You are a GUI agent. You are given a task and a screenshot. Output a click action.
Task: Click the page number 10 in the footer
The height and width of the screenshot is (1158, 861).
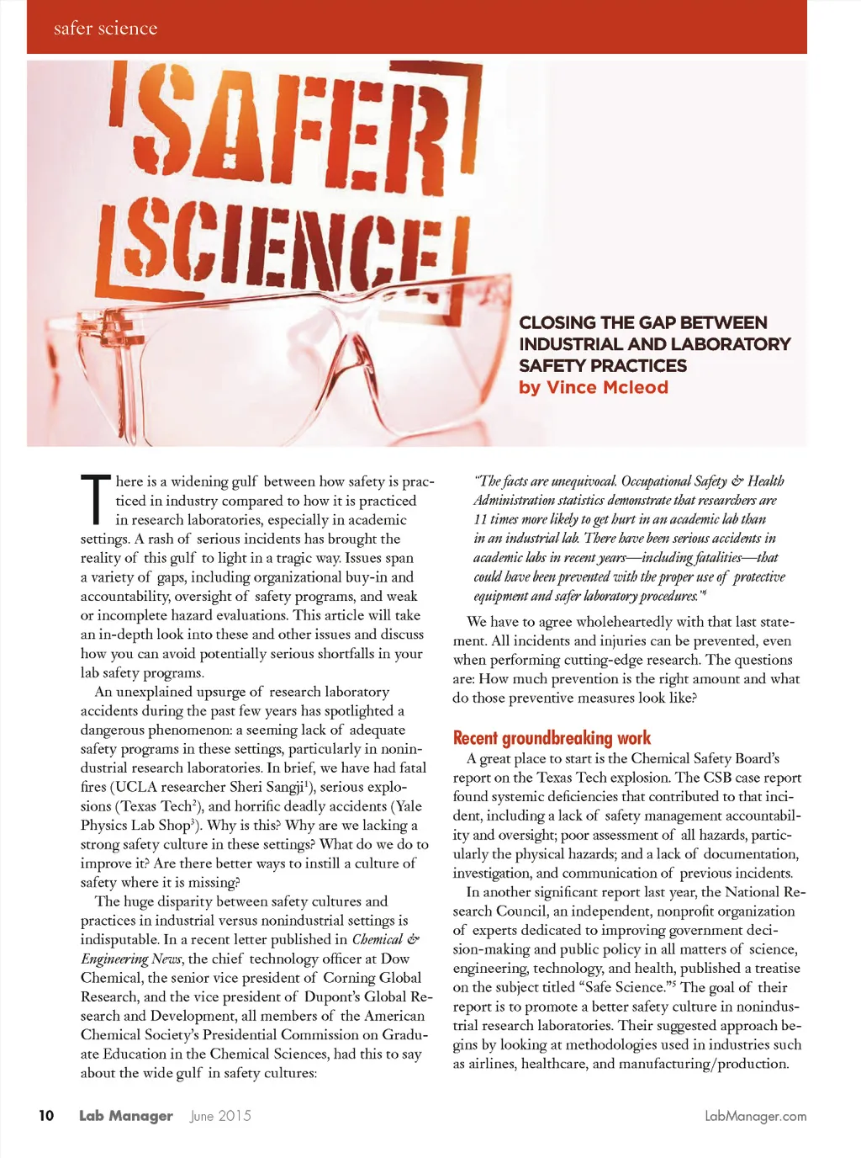(46, 1115)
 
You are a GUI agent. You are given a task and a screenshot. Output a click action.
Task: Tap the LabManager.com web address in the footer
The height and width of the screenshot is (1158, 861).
(755, 1116)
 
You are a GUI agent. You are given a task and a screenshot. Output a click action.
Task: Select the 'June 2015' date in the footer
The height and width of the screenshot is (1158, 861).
(220, 1116)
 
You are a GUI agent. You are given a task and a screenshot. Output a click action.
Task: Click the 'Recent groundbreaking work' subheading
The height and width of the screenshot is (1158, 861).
(552, 738)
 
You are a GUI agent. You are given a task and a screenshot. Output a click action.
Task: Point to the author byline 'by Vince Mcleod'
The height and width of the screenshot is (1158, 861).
(594, 387)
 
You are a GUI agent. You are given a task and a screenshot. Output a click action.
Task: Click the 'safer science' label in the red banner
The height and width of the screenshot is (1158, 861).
(105, 28)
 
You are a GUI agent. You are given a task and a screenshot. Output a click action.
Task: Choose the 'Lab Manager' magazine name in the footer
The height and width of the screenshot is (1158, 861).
(125, 1116)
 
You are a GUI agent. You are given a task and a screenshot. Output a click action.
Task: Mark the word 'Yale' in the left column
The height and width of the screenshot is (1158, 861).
(408, 806)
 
